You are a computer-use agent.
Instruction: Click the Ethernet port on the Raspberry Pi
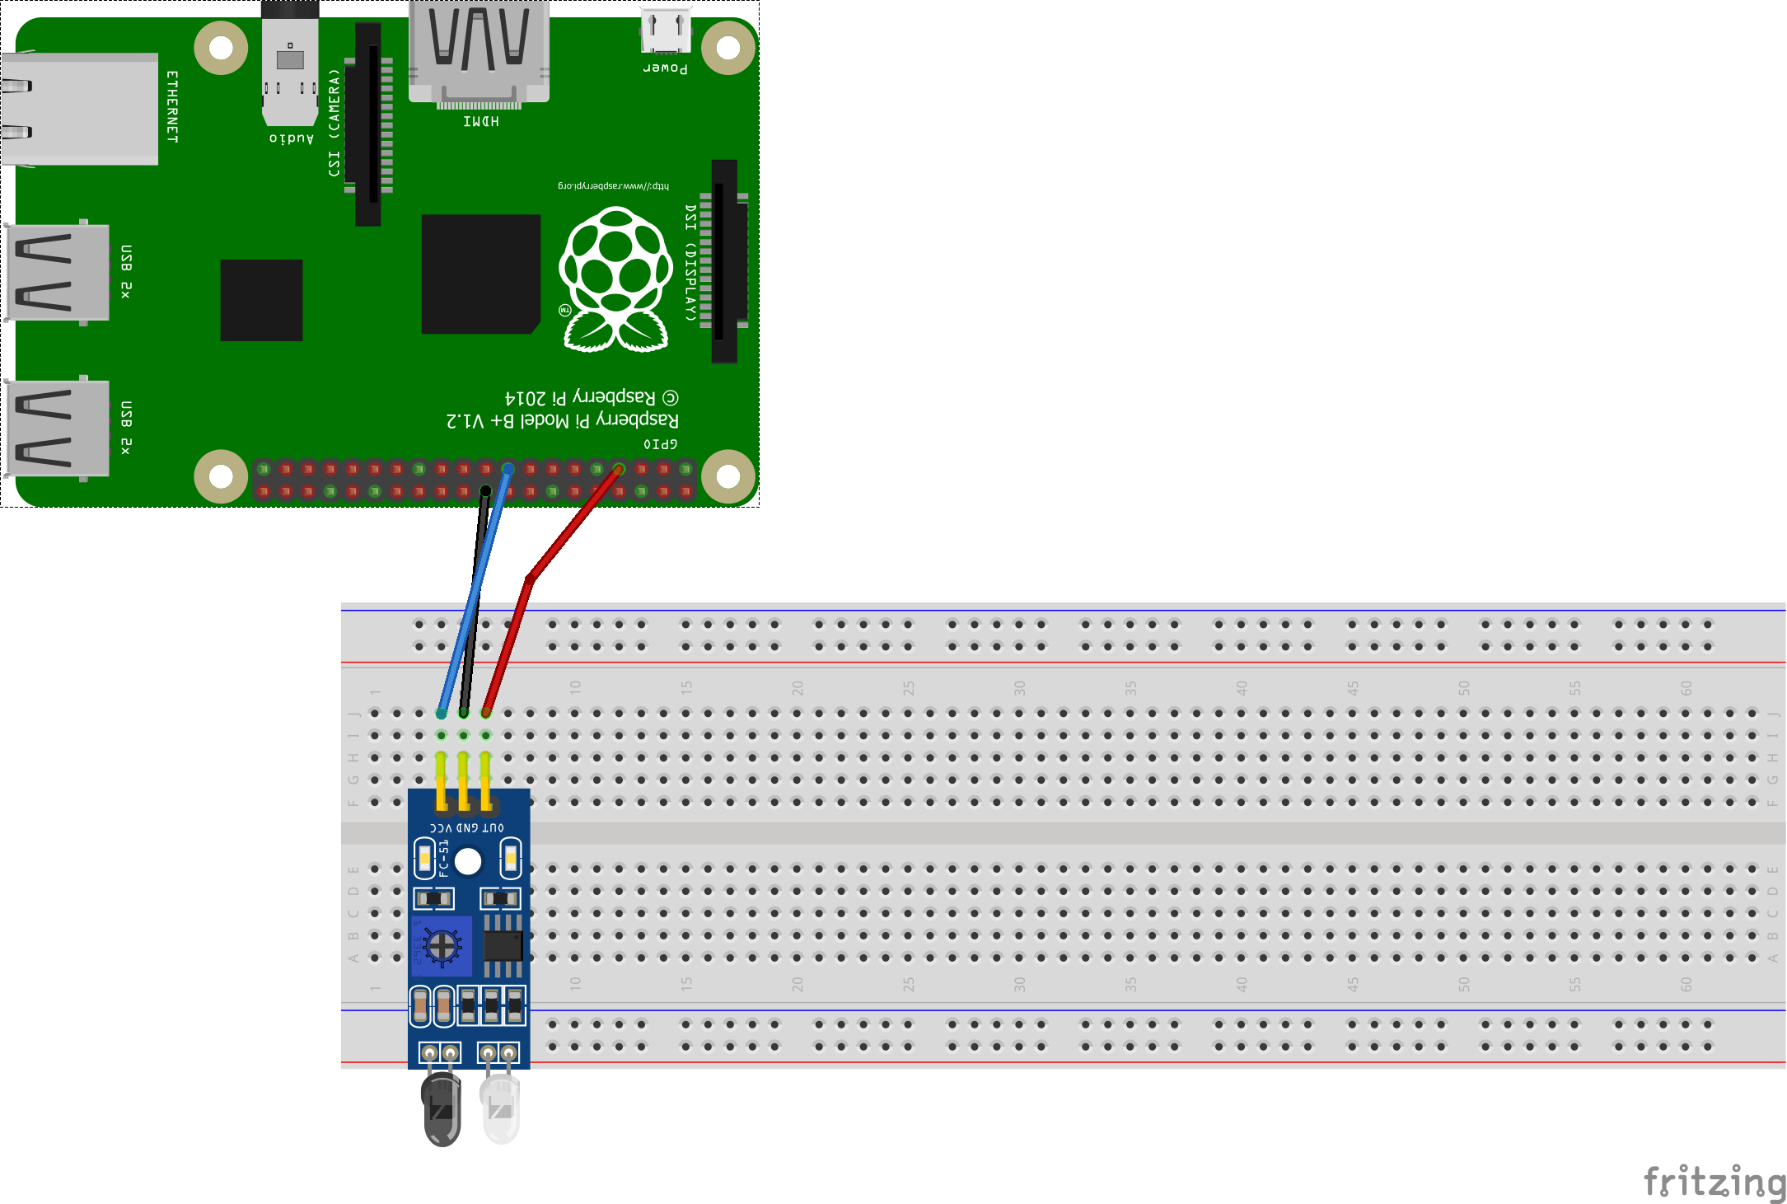(79, 109)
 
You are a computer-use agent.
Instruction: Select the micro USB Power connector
(665, 31)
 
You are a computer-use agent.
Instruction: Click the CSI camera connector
(368, 124)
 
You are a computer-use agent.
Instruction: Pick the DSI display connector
(724, 260)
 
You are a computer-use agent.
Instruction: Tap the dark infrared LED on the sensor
(442, 1108)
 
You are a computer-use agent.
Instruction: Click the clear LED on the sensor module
(500, 1108)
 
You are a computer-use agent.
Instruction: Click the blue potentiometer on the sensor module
(442, 946)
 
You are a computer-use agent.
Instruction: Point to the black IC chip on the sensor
(503, 945)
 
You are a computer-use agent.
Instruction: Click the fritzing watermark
(1714, 1182)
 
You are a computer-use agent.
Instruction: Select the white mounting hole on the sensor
(468, 862)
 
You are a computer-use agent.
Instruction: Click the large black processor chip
(480, 274)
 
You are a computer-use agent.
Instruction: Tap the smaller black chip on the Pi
(261, 300)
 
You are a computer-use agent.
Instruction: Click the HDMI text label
(481, 122)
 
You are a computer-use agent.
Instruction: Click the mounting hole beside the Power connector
(728, 48)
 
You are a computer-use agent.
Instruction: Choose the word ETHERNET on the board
(172, 106)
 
